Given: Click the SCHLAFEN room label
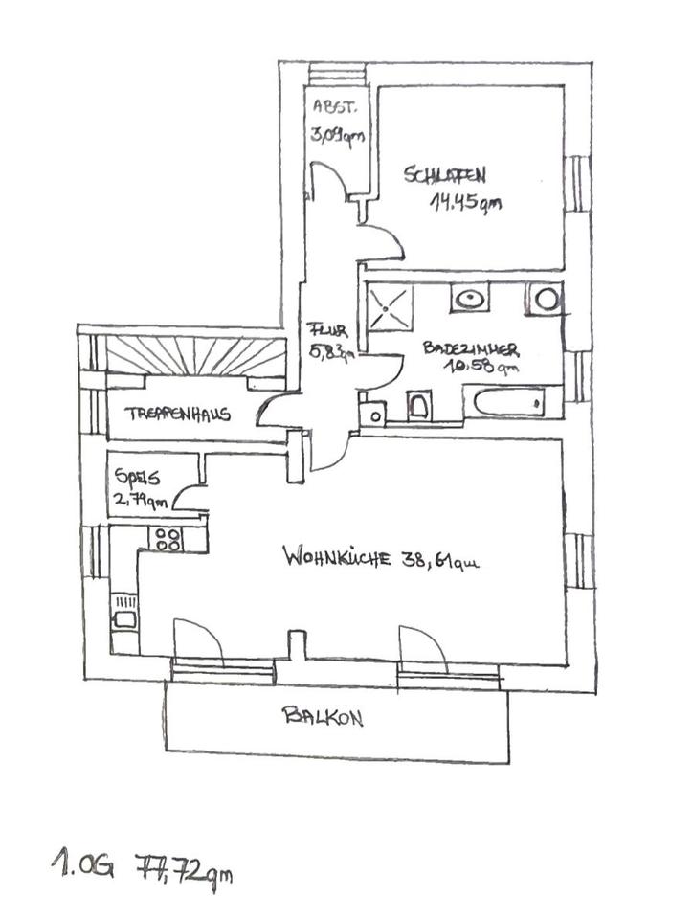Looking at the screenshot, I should coord(444,175).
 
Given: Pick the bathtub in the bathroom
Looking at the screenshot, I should coord(512,403).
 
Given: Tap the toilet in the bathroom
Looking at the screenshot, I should coord(419,407).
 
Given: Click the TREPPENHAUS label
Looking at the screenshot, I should coord(178,415).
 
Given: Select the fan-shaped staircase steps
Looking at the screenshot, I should coord(195,356).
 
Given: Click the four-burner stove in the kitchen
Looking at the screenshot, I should coord(168,538).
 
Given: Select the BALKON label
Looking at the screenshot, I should coord(323,716).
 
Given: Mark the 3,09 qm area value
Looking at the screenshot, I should coord(336,136).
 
